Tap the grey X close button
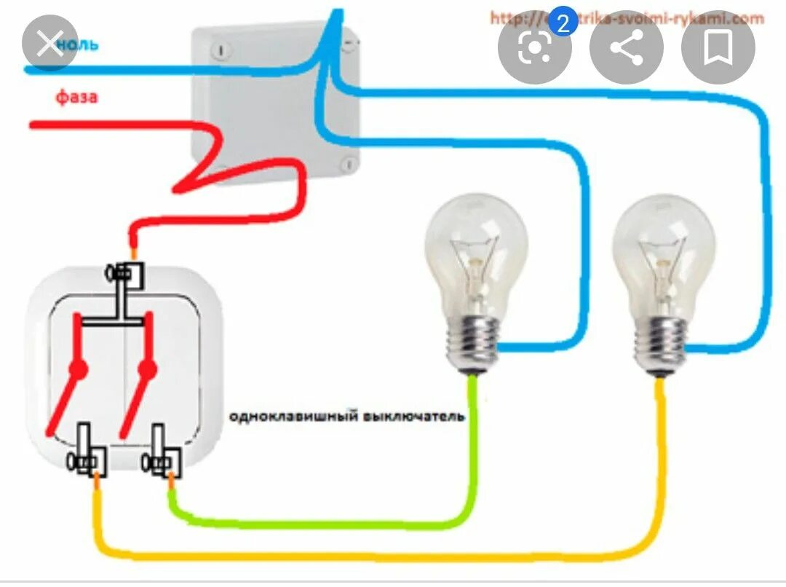point(49,47)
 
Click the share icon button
point(626,47)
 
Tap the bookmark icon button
point(718,47)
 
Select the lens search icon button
point(534,47)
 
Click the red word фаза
point(76,97)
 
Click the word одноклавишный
point(293,417)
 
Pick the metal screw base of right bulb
point(662,342)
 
